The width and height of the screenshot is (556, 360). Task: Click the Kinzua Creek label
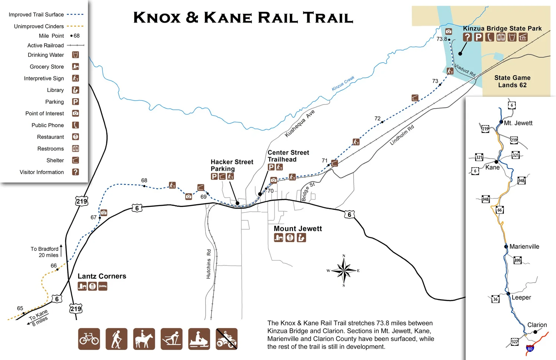[x=343, y=83]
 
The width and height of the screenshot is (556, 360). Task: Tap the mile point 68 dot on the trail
[x=144, y=186]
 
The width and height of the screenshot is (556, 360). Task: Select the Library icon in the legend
[x=75, y=90]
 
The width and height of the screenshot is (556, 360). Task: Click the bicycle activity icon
[x=89, y=339]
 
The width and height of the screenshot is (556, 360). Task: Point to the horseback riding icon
[x=144, y=339]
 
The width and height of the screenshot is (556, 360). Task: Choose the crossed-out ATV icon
[x=226, y=339]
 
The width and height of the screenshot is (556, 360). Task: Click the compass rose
[x=344, y=271]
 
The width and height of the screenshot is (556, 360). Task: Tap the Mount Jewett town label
[x=298, y=229]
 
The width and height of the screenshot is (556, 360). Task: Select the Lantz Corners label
[x=102, y=276]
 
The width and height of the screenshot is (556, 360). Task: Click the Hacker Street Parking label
[x=232, y=165]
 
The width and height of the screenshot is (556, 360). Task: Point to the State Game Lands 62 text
[x=512, y=81]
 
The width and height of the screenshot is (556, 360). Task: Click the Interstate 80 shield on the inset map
[x=530, y=349]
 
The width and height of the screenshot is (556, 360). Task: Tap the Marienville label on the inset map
[x=524, y=247]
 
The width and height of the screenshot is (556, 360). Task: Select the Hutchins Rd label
[x=209, y=264]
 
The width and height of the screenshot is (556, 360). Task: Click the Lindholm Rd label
[x=402, y=135]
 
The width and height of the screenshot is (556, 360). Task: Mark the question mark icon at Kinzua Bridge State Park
[x=467, y=37]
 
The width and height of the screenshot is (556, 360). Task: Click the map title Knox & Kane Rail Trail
[x=243, y=17]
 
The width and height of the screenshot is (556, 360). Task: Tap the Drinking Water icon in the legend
[x=75, y=55]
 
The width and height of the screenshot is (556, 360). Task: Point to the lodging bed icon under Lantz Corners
[x=103, y=286]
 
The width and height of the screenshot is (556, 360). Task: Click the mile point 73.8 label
[x=441, y=39]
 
